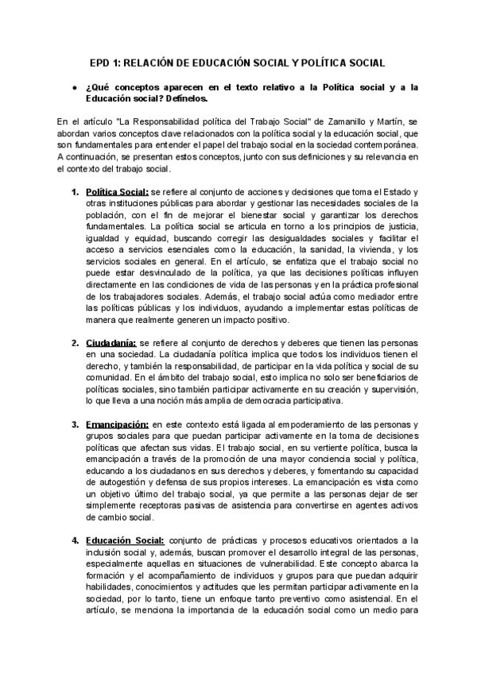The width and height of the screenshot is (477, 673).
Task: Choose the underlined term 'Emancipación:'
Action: coord(117,424)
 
